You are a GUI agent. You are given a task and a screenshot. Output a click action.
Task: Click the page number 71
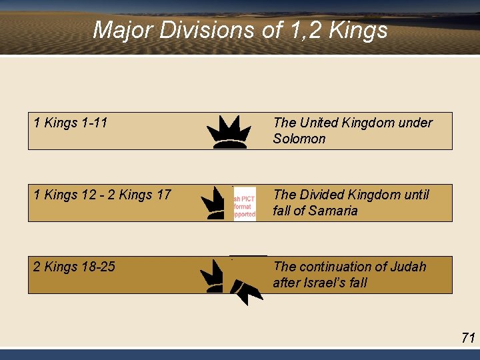coord(468,338)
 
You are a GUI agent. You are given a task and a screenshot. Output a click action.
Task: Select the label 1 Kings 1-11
coord(71,123)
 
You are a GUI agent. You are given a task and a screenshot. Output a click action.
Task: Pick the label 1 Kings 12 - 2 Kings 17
coord(102,195)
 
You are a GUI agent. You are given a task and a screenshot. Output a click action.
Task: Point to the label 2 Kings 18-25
coord(74,267)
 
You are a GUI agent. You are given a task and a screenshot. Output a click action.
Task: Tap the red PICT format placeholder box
coord(244,203)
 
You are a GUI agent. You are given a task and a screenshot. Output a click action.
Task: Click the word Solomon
coord(299,139)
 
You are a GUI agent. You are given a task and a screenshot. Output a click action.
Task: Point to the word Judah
coord(406,267)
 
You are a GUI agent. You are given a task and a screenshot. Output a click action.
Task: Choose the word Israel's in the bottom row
coord(327,283)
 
